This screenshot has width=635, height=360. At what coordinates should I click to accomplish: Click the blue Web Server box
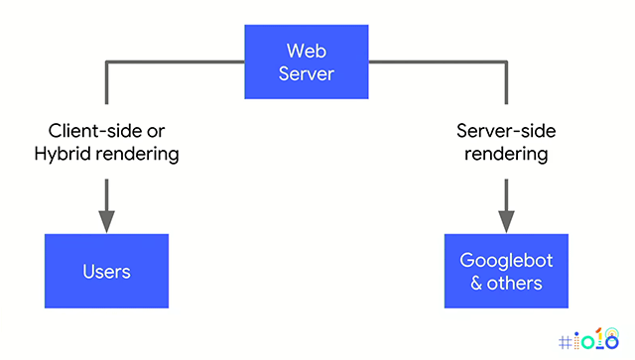click(308, 60)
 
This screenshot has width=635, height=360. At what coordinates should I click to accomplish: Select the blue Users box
click(106, 271)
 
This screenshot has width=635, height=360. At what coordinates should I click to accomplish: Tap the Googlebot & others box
click(506, 271)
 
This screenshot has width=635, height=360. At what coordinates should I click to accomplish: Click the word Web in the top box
click(308, 50)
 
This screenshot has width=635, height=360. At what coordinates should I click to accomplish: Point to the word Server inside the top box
click(308, 72)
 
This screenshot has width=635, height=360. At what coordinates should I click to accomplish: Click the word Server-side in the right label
click(506, 131)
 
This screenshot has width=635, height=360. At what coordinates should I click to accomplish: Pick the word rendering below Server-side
click(506, 154)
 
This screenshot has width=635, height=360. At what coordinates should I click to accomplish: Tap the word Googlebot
click(506, 260)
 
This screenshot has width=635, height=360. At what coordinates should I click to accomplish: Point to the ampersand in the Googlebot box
click(477, 283)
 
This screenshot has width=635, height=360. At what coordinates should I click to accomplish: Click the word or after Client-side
click(153, 131)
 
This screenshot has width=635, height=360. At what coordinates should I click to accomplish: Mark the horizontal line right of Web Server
click(437, 62)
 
